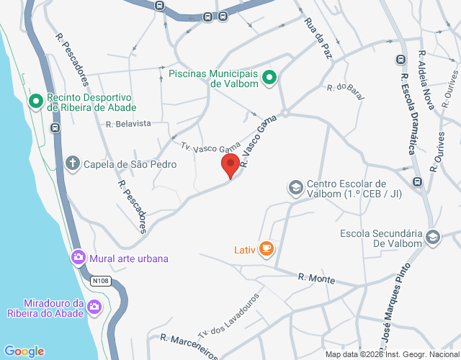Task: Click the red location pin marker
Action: coord(230,165)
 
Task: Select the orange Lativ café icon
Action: coord(267,249)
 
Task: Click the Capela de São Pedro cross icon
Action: coord(72,163)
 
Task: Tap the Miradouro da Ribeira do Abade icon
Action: coord(94,308)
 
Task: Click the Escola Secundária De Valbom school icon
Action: coord(432,237)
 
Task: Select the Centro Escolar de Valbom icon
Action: coord(295,188)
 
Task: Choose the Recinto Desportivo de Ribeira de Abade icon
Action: coord(35,102)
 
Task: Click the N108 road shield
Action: coord(100,280)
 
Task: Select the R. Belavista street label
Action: coord(128,123)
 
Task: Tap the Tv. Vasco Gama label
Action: coord(210,146)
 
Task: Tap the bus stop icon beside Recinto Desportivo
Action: coord(55,128)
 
